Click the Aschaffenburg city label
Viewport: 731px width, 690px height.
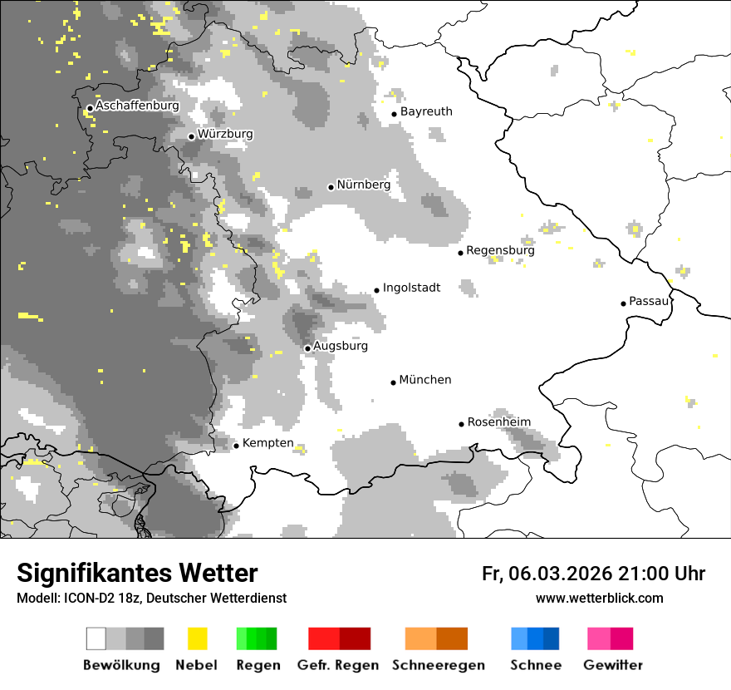(137, 106)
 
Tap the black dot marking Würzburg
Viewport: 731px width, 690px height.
(191, 136)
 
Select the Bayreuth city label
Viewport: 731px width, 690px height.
(426, 111)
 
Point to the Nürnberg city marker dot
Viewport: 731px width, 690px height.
(331, 187)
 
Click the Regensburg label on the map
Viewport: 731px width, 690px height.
(500, 250)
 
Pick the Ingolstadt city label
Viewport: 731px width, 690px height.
(411, 288)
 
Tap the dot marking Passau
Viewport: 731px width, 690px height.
(623, 303)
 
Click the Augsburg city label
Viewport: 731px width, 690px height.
(341, 346)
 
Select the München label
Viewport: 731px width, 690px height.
(425, 380)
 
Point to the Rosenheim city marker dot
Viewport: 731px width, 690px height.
(461, 424)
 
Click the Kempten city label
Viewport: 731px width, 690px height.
(268, 443)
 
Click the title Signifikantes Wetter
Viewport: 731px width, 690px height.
(137, 574)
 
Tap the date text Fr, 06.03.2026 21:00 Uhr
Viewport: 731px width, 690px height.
(593, 574)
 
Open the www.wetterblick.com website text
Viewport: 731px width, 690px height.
(599, 598)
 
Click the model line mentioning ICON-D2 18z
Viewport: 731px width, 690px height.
(151, 598)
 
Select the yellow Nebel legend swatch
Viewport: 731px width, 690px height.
(197, 638)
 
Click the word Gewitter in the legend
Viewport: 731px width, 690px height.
(613, 665)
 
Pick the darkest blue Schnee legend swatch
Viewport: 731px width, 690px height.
(552, 638)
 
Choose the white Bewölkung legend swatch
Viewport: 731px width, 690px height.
(96, 638)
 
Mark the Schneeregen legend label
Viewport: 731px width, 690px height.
(439, 665)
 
